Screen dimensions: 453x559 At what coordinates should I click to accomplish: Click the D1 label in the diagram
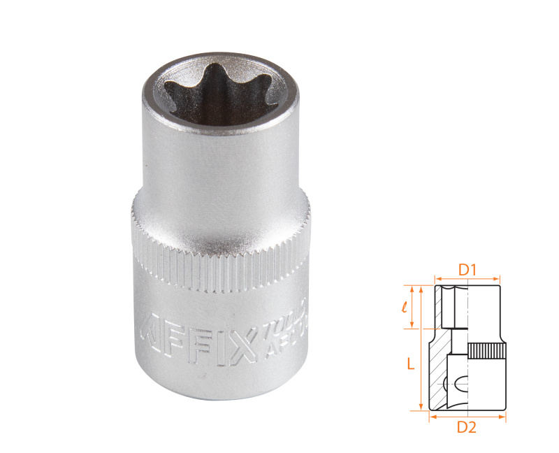(x=467, y=268)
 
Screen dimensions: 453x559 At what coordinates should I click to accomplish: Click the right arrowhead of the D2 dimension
(x=503, y=417)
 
